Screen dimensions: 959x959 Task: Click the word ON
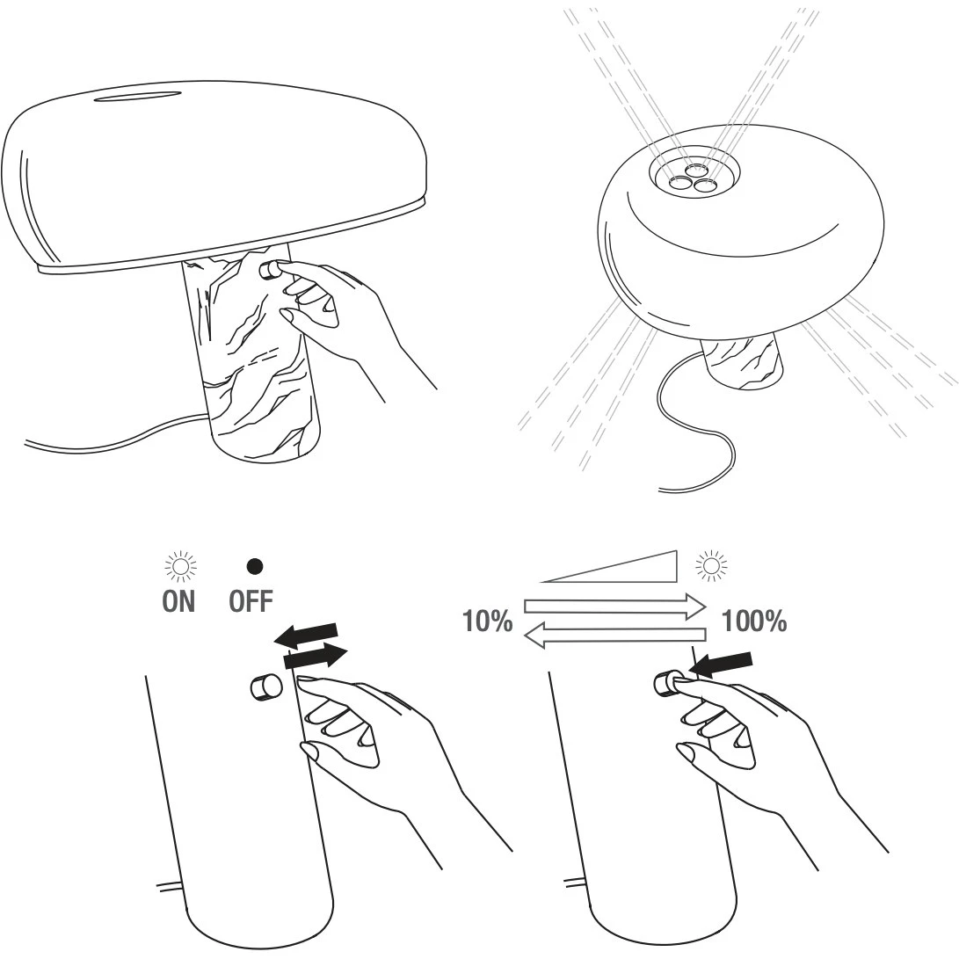(178, 601)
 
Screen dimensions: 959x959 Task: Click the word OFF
(251, 601)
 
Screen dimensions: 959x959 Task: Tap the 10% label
(488, 621)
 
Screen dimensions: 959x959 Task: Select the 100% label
(754, 621)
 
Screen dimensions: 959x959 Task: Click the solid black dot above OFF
(254, 567)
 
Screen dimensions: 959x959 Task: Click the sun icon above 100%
(711, 566)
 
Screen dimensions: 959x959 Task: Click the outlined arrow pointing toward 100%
(615, 607)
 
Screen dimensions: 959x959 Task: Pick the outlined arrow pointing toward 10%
(615, 635)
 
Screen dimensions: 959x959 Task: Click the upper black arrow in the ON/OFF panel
(305, 636)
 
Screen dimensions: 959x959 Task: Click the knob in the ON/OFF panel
(266, 687)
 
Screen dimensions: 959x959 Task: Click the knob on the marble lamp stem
(271, 270)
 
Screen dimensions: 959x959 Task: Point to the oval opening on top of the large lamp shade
(138, 96)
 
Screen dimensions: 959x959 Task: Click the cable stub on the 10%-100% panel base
(576, 883)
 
